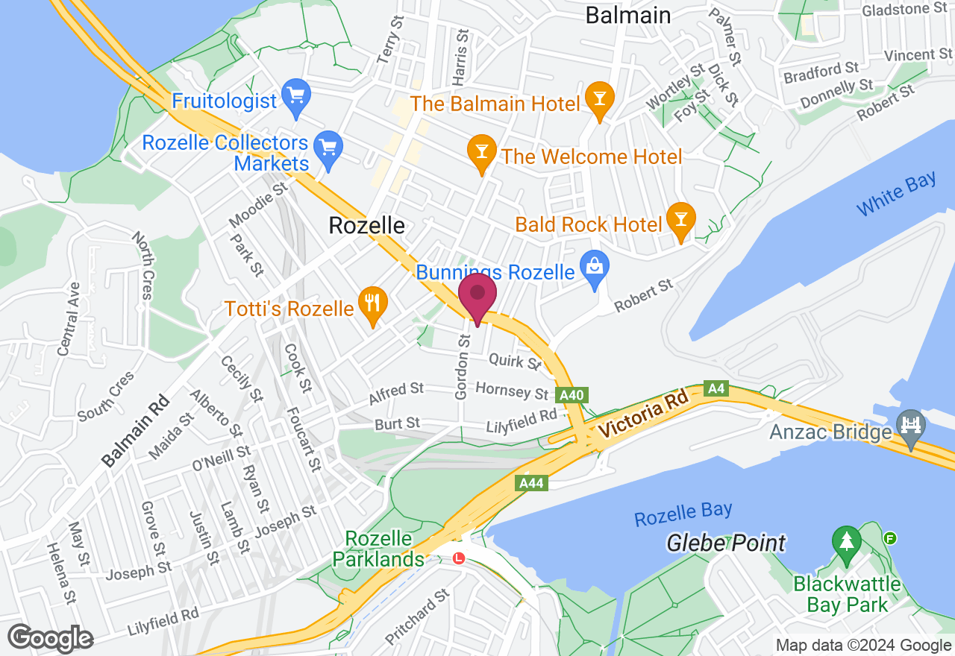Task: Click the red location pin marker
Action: [x=477, y=296]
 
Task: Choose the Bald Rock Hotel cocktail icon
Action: [x=680, y=220]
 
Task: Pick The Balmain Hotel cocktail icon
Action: [x=598, y=98]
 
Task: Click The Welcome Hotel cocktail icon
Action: [x=481, y=151]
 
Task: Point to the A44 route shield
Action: [x=531, y=484]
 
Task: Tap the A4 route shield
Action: [x=716, y=388]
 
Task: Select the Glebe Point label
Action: [x=726, y=543]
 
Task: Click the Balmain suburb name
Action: [x=627, y=15]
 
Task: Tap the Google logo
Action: [x=51, y=638]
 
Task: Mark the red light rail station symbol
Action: [x=458, y=558]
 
